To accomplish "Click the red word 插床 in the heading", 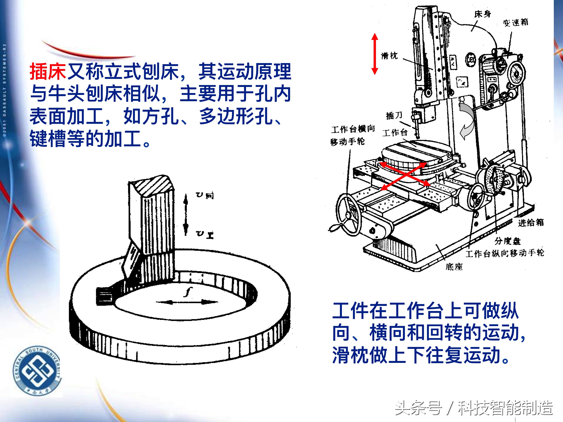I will pos(48,72).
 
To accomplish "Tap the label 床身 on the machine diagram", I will pos(482,14).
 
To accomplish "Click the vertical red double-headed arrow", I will pos(375,54).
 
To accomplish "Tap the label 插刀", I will pos(394,116).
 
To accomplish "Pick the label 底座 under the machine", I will pos(454,267).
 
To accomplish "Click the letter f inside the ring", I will pos(188,292).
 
